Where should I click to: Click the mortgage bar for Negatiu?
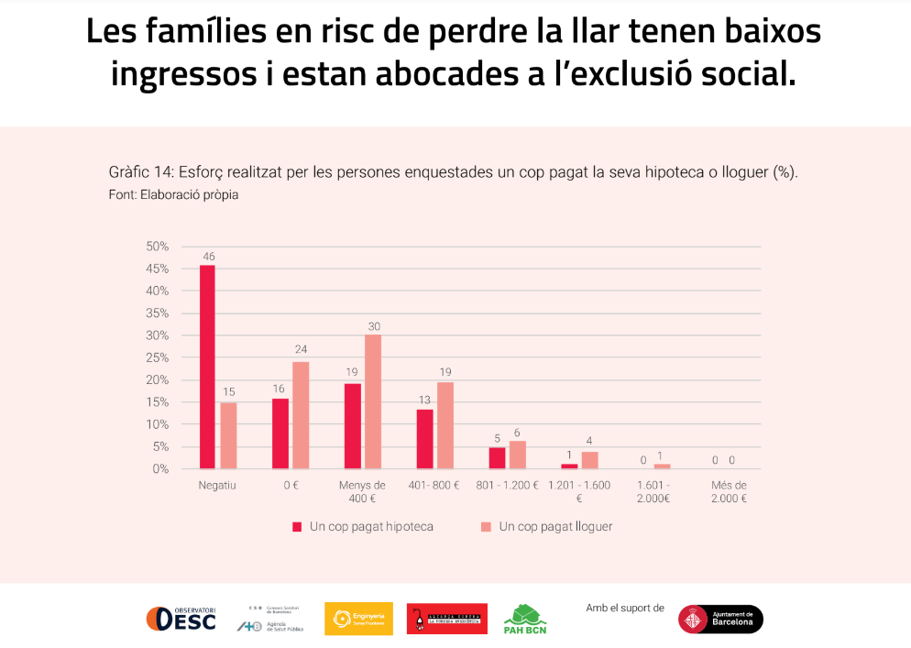click(207, 367)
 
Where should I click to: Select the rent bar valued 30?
click(372, 401)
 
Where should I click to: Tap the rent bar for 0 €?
click(301, 415)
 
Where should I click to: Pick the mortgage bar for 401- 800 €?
click(424, 439)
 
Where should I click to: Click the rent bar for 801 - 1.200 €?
click(518, 455)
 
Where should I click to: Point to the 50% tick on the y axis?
click(157, 247)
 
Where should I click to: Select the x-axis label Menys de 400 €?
click(362, 491)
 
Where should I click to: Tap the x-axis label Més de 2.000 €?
click(729, 491)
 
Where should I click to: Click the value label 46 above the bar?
click(208, 257)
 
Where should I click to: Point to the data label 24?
click(301, 349)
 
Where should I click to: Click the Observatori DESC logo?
click(181, 619)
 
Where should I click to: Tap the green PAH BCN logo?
click(525, 620)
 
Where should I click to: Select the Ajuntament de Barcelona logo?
click(720, 619)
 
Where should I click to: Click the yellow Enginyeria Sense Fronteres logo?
click(358, 619)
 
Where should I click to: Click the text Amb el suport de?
click(625, 607)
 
